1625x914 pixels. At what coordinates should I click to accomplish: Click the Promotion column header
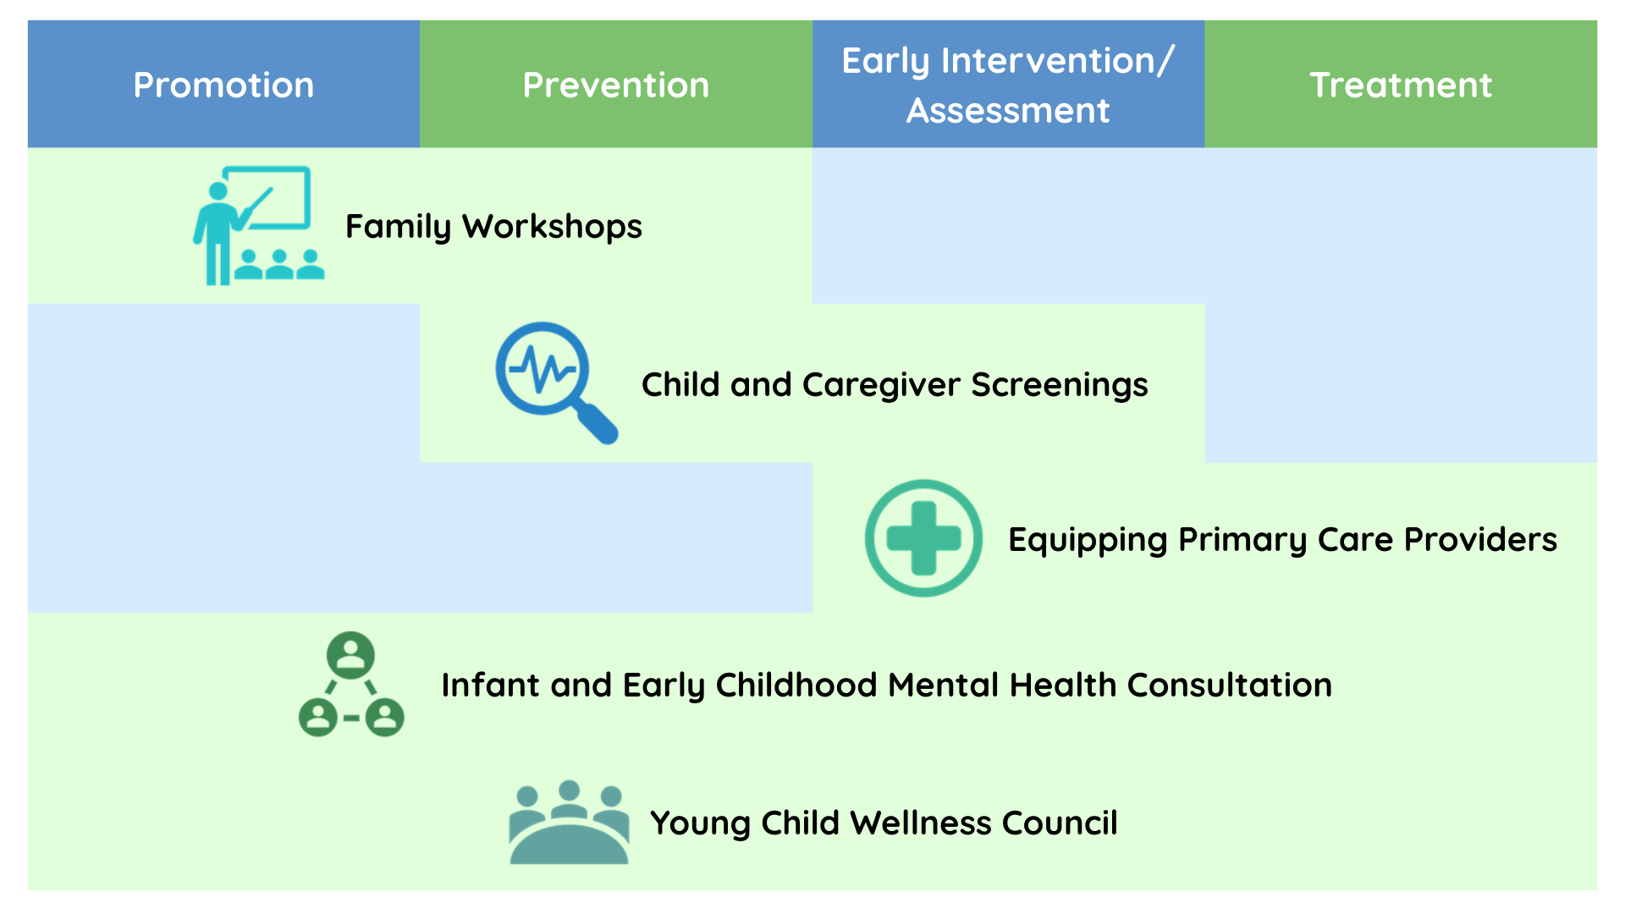pos(223,85)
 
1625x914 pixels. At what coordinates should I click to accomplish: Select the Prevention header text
pos(615,85)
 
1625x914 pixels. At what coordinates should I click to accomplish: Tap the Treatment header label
pos(1401,85)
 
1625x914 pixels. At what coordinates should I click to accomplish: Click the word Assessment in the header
pos(1008,110)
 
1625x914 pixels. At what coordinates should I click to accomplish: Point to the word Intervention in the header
pos(1048,61)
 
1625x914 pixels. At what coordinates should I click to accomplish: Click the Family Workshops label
pos(493,227)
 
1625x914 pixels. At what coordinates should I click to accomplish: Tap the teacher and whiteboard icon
pos(258,225)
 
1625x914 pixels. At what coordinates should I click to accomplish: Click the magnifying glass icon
pos(556,383)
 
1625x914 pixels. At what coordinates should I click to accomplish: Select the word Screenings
pos(1060,385)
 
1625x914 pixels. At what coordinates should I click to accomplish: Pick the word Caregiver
pos(881,385)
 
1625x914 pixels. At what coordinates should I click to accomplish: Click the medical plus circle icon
pos(923,538)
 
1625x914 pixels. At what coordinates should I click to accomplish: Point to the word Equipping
pos(1088,540)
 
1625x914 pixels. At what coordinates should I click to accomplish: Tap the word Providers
pos(1480,539)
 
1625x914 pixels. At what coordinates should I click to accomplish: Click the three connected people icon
pos(351,684)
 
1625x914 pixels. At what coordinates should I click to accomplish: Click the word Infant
pos(490,685)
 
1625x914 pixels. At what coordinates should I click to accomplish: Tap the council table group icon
pos(569,822)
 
